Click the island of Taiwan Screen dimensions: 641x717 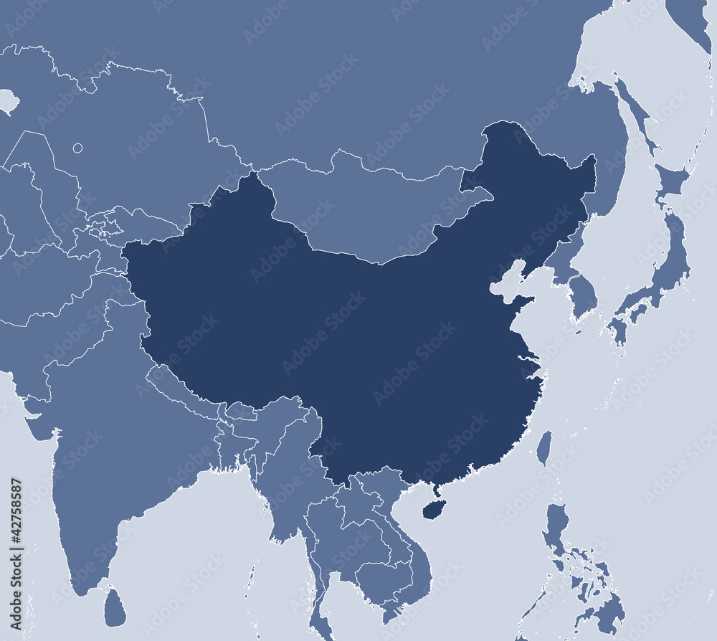point(544,448)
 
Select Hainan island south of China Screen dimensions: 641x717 point(432,509)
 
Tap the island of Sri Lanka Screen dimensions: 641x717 point(115,607)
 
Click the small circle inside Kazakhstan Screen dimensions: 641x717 point(77,148)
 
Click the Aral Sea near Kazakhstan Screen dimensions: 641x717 point(8,100)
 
